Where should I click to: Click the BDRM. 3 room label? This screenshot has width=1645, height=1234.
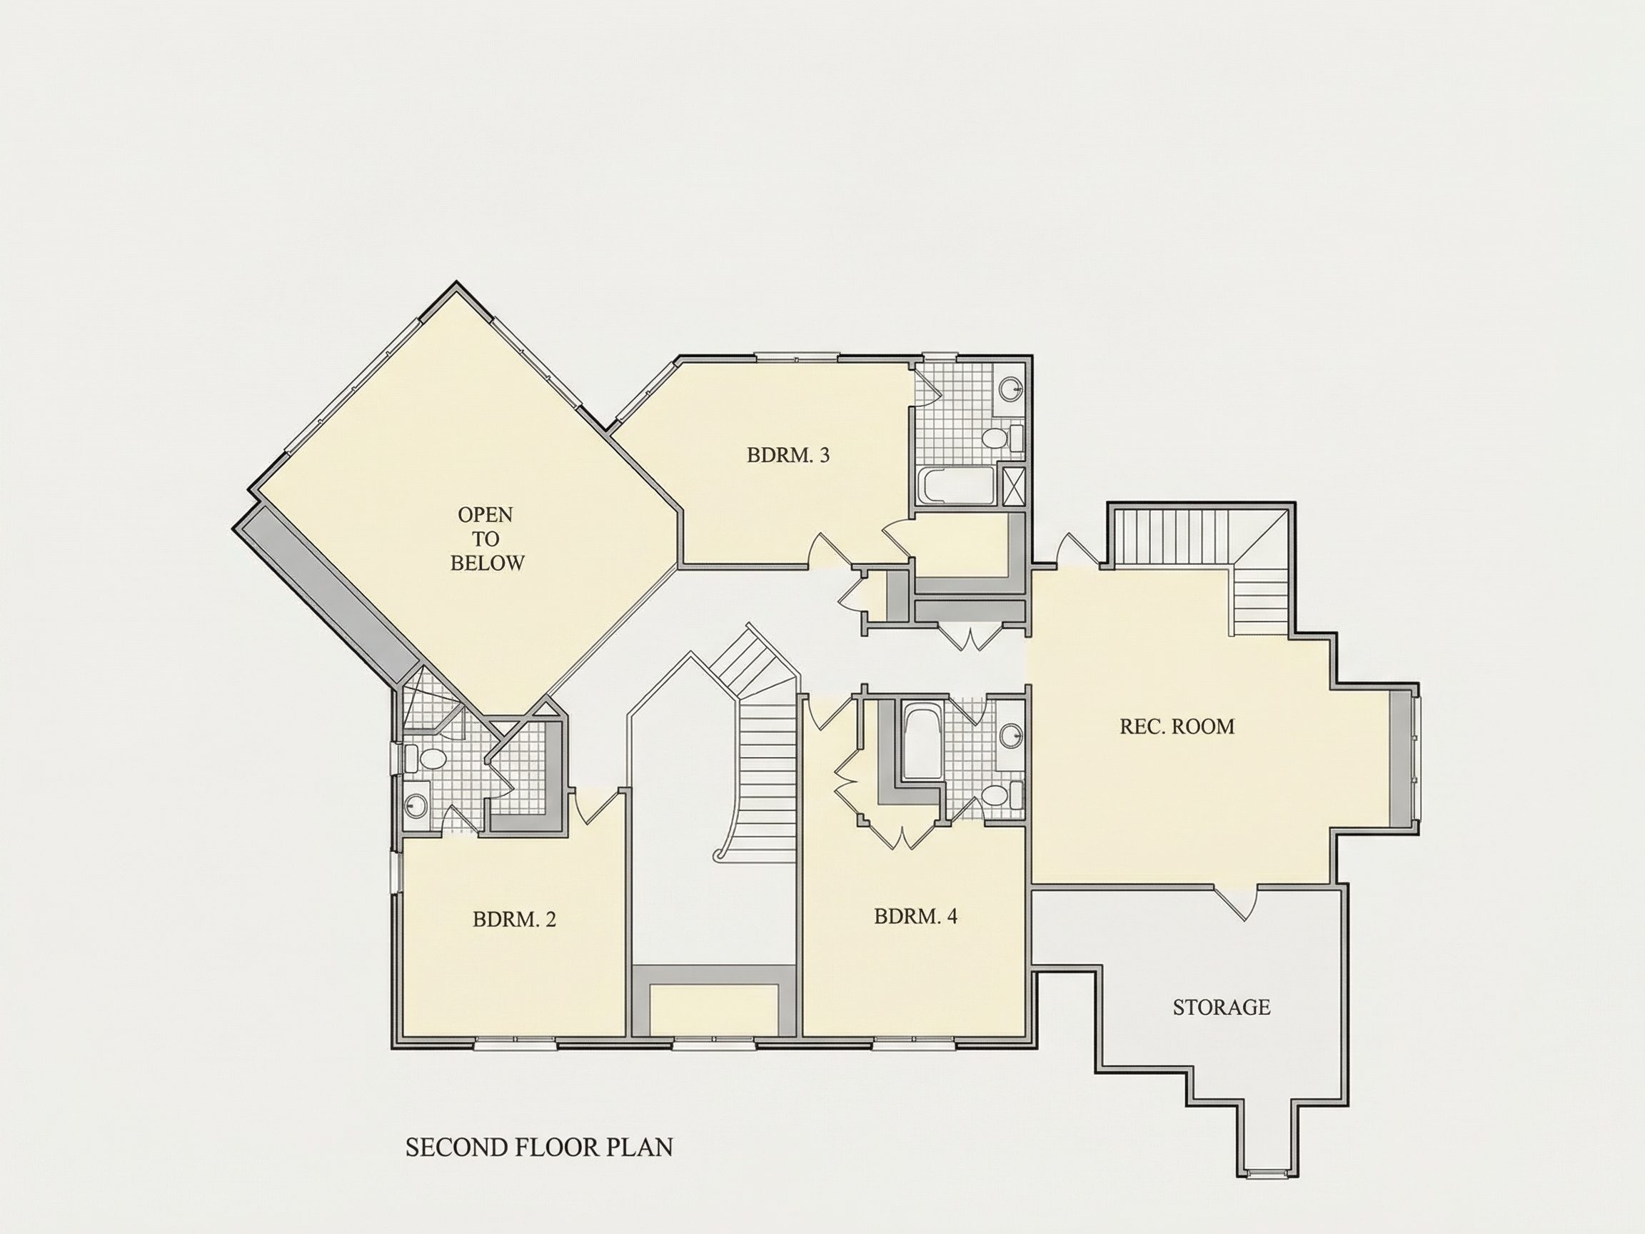click(x=788, y=455)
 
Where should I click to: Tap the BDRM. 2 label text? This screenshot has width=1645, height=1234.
click(x=514, y=920)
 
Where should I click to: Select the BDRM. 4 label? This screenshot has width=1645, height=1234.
click(x=915, y=916)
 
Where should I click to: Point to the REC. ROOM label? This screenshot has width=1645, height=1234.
click(x=1177, y=727)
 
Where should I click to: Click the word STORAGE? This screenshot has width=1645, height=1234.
click(x=1221, y=1007)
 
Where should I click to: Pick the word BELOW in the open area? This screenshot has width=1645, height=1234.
click(x=487, y=563)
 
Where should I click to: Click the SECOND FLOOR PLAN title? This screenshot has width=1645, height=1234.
click(x=539, y=1148)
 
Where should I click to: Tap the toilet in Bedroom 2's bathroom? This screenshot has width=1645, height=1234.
click(x=426, y=759)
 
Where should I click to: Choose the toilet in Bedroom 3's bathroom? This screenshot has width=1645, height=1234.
click(x=1000, y=437)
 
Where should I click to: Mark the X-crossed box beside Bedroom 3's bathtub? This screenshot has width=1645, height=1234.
click(x=1012, y=484)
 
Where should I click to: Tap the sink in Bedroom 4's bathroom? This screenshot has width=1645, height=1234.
click(x=1010, y=736)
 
